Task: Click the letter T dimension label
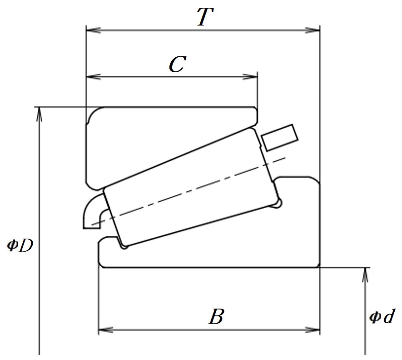[205, 17]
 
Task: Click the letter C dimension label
[178, 64]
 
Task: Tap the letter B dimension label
[217, 316]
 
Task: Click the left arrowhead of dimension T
[93, 30]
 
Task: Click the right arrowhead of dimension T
[313, 30]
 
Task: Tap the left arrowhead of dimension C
[93, 76]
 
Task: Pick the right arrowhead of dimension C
[250, 76]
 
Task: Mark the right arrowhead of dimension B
[313, 330]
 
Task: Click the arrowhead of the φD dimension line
[39, 114]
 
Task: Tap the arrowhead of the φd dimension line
[365, 275]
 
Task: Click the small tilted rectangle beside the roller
[280, 138]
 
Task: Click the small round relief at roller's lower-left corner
[124, 247]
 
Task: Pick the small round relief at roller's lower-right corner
[278, 204]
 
